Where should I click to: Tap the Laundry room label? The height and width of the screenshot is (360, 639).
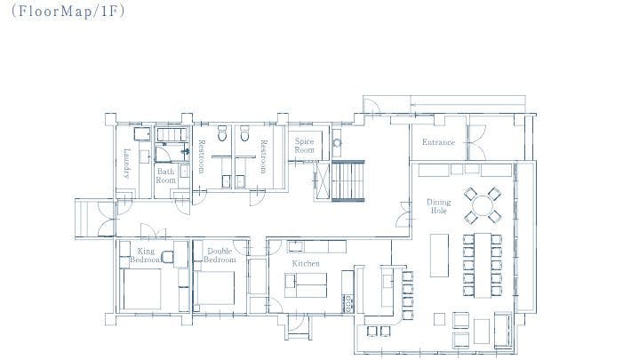(x=128, y=163)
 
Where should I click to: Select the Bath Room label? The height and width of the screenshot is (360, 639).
(x=166, y=175)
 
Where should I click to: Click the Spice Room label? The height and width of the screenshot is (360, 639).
(x=305, y=146)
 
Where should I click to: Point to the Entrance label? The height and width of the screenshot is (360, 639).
(x=438, y=142)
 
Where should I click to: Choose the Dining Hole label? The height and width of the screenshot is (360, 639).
(x=439, y=206)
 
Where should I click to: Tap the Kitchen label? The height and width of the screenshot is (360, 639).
(x=306, y=264)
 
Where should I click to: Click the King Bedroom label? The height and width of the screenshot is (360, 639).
(x=147, y=256)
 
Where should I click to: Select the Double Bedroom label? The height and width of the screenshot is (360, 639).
(x=220, y=256)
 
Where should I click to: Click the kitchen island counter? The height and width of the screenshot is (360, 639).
(x=306, y=285)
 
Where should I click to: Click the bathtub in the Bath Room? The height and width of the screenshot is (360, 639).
(x=170, y=134)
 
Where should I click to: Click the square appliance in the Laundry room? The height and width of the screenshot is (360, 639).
(x=140, y=134)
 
